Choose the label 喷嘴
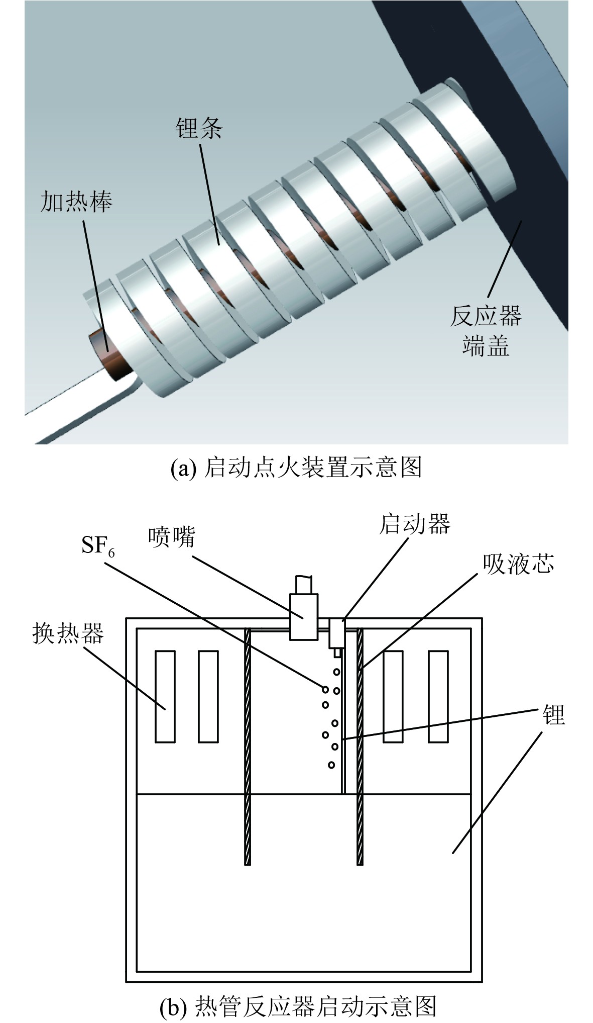click(x=171, y=537)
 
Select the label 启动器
click(x=414, y=524)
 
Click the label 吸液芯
click(x=518, y=564)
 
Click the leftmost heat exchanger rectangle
click(x=165, y=696)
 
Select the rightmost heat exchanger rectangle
click(x=438, y=696)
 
